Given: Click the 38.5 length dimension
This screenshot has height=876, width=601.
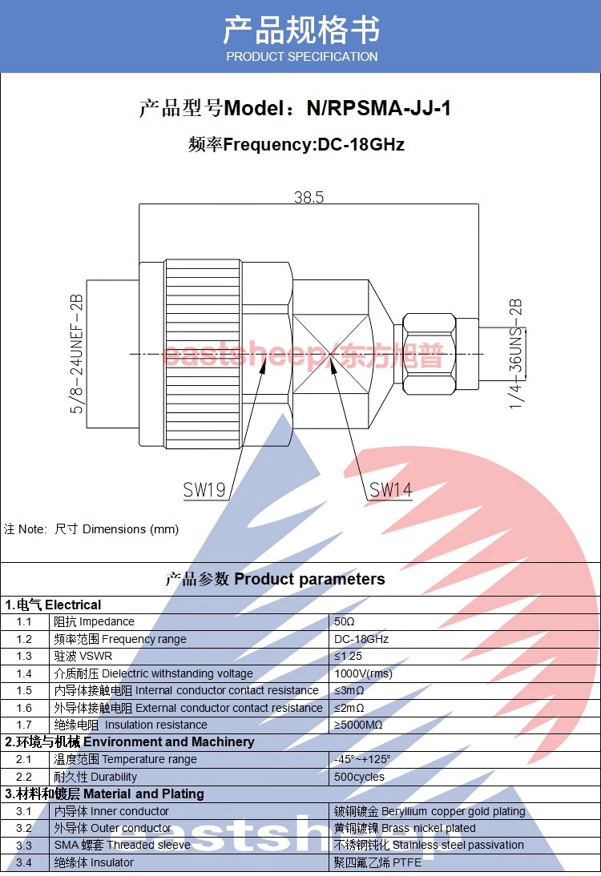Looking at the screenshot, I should pos(309,197).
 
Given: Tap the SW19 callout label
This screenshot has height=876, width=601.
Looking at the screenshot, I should pos(204,490).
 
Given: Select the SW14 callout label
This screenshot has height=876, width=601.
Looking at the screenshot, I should pos(390,490).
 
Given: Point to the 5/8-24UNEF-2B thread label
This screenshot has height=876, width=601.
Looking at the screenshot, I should pos(78,354).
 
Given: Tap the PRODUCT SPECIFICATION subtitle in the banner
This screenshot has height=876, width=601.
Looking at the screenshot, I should pos(301,57).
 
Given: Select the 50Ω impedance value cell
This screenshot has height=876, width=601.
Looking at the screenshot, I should pos(345,622).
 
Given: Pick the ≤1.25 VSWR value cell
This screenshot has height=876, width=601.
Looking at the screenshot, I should pos(349,657).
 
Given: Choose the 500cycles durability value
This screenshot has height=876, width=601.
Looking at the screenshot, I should pos(359,777).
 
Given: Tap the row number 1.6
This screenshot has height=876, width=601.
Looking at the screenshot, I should pos(24,708).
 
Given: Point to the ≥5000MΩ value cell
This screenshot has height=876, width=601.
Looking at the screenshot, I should pos(358,725).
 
